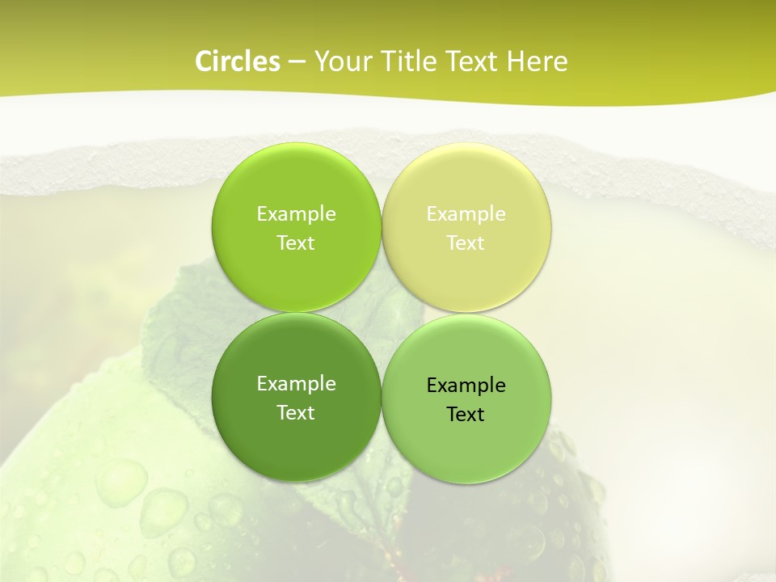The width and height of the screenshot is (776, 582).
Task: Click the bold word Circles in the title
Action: (238, 61)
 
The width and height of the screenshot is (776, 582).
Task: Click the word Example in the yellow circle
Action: (466, 214)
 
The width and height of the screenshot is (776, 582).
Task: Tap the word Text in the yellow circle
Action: (466, 243)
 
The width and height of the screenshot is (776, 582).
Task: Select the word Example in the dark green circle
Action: (296, 384)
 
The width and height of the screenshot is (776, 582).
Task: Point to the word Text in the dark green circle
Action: (296, 413)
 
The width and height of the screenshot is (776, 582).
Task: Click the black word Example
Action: (466, 386)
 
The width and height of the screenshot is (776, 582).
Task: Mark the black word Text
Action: (466, 415)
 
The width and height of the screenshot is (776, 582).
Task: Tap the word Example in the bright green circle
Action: (296, 214)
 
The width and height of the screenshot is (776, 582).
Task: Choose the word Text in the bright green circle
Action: (296, 243)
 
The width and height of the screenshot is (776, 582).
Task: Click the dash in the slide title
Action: (297, 62)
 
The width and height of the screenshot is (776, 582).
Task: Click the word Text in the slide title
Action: (474, 61)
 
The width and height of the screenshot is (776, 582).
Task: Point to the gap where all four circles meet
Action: (382, 313)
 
